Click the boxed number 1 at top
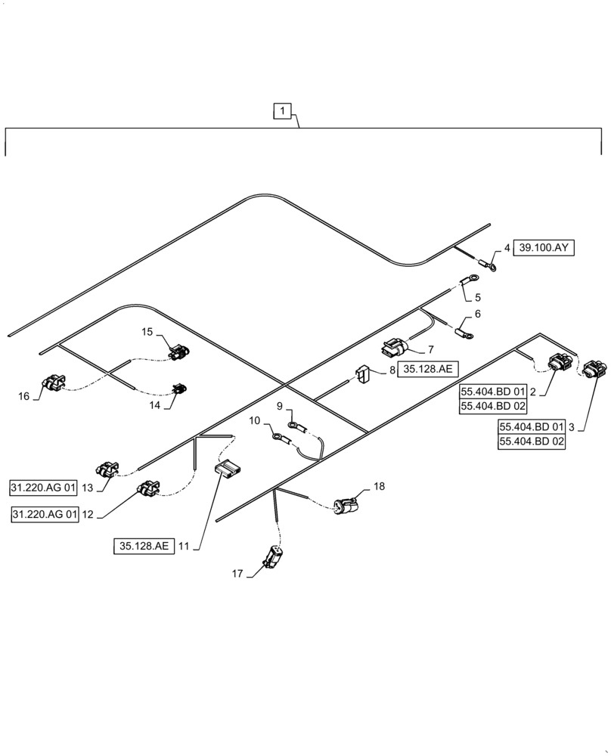tap(281, 112)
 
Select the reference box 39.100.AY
tap(544, 247)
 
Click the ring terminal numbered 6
tap(464, 330)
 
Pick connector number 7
tap(395, 348)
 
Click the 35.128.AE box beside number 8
tap(429, 370)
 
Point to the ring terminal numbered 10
tap(278, 436)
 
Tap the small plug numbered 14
tap(180, 389)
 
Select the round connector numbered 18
tap(348, 504)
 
